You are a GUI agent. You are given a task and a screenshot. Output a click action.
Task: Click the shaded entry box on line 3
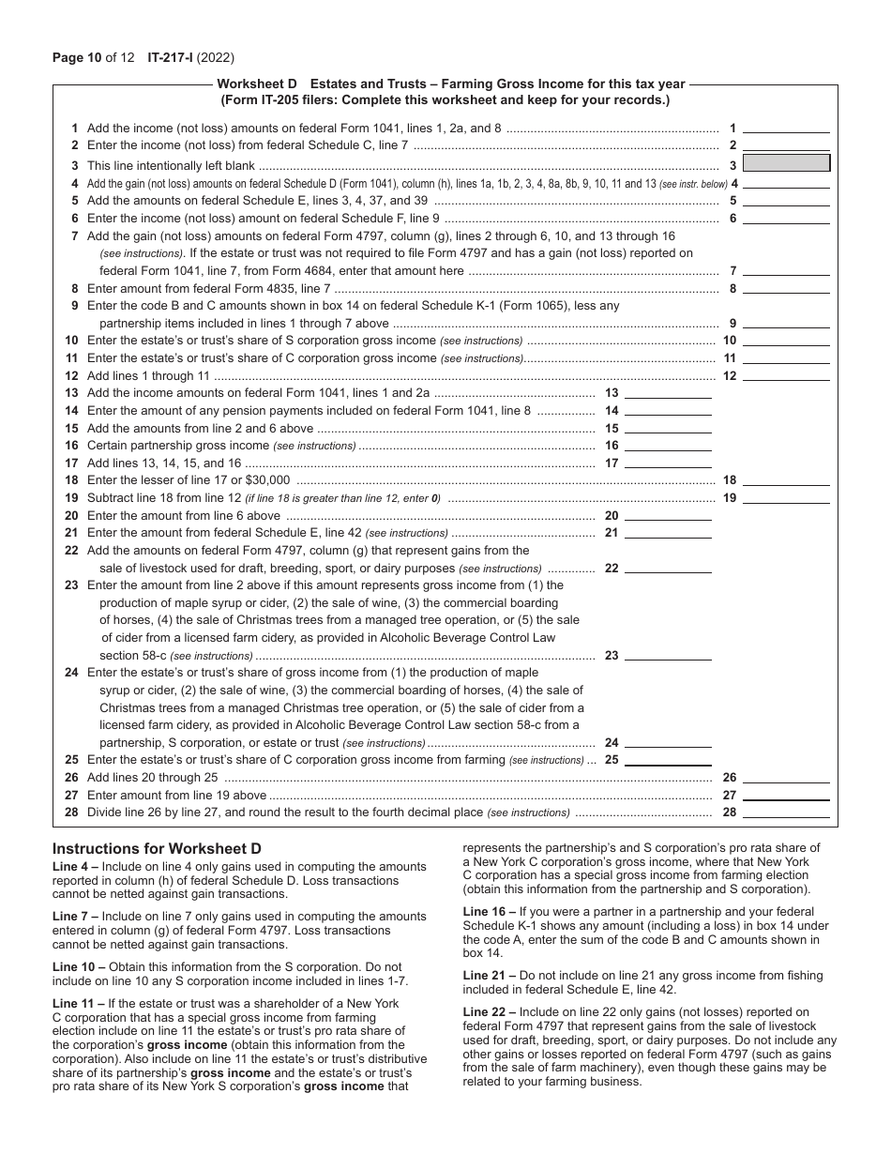786,163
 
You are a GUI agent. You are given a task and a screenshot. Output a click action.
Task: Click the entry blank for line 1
786,128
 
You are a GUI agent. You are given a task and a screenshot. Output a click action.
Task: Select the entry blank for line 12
786,375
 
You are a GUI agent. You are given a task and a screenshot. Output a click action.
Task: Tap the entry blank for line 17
668,463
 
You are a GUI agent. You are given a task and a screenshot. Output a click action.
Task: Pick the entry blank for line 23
668,656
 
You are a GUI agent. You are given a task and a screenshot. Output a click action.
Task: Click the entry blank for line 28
786,812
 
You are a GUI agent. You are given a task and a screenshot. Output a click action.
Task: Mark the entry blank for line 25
668,760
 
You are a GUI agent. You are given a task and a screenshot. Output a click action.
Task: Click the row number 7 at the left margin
74,236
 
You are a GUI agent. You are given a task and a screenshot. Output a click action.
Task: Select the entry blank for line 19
786,497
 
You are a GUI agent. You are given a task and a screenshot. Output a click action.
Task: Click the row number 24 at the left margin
71,673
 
